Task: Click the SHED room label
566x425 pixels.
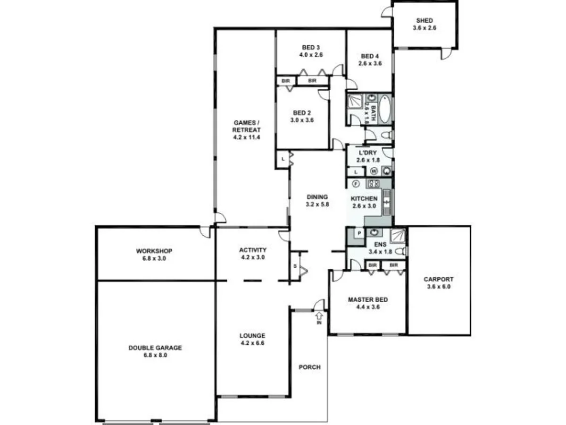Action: tap(424, 21)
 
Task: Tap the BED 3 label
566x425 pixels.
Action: tap(311, 47)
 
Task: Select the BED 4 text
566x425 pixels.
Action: tap(369, 56)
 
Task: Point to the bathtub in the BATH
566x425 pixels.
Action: tap(384, 108)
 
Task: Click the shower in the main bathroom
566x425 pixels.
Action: tap(355, 102)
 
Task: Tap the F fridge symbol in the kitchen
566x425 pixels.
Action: tap(356, 183)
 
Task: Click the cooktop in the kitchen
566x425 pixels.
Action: tap(374, 183)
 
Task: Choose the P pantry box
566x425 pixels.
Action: tap(358, 233)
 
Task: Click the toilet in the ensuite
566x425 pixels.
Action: tap(400, 251)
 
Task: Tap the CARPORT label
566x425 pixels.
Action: tap(439, 279)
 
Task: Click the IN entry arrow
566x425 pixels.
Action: tap(319, 316)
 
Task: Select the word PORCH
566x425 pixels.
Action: tap(310, 367)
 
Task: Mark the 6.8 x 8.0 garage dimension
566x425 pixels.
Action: tap(155, 355)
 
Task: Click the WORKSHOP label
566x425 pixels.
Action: tap(154, 251)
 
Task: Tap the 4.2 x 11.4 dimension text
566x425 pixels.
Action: tap(247, 137)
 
